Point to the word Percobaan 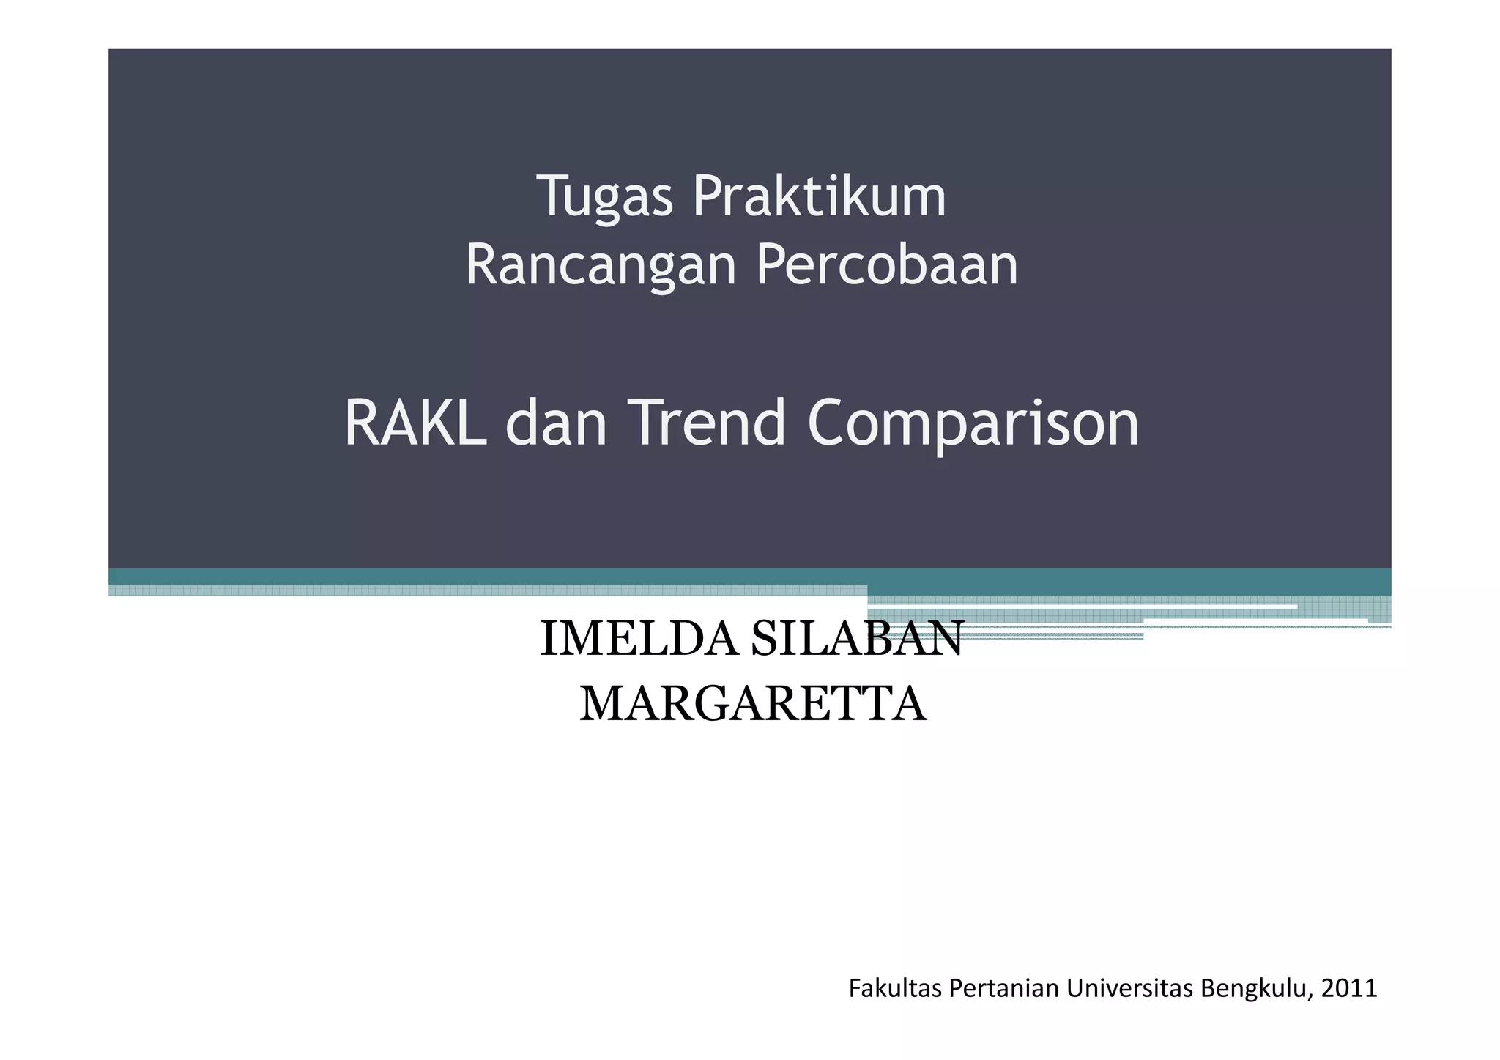click(x=886, y=265)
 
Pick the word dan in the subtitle click(x=556, y=423)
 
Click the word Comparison click(x=973, y=423)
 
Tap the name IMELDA click(x=639, y=639)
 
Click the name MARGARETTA click(x=753, y=705)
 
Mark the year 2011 click(x=1349, y=989)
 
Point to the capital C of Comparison click(x=829, y=423)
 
